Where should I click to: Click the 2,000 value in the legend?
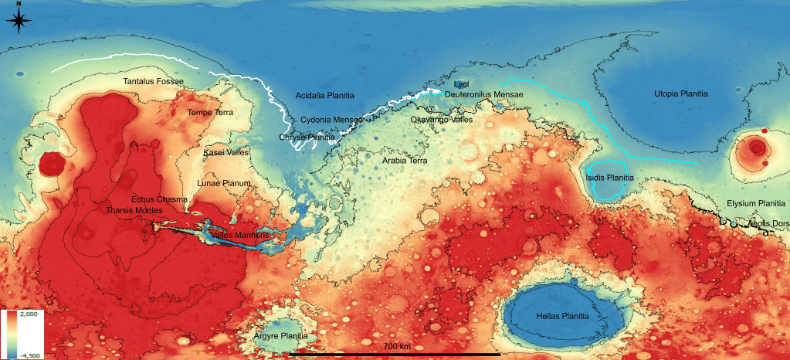click(x=30, y=316)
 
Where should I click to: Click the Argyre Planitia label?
click(x=280, y=337)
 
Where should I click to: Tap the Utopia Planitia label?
click(x=681, y=93)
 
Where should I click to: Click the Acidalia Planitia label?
click(x=325, y=96)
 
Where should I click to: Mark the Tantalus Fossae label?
click(x=154, y=81)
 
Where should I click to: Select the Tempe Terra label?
click(x=210, y=113)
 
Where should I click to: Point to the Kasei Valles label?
click(x=225, y=153)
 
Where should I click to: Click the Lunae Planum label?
click(x=225, y=183)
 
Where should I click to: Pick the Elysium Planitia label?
click(x=755, y=203)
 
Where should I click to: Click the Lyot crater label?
click(x=461, y=83)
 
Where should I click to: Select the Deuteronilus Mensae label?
click(x=483, y=94)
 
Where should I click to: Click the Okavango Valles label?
click(x=442, y=121)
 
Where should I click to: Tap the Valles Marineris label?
click(x=240, y=235)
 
